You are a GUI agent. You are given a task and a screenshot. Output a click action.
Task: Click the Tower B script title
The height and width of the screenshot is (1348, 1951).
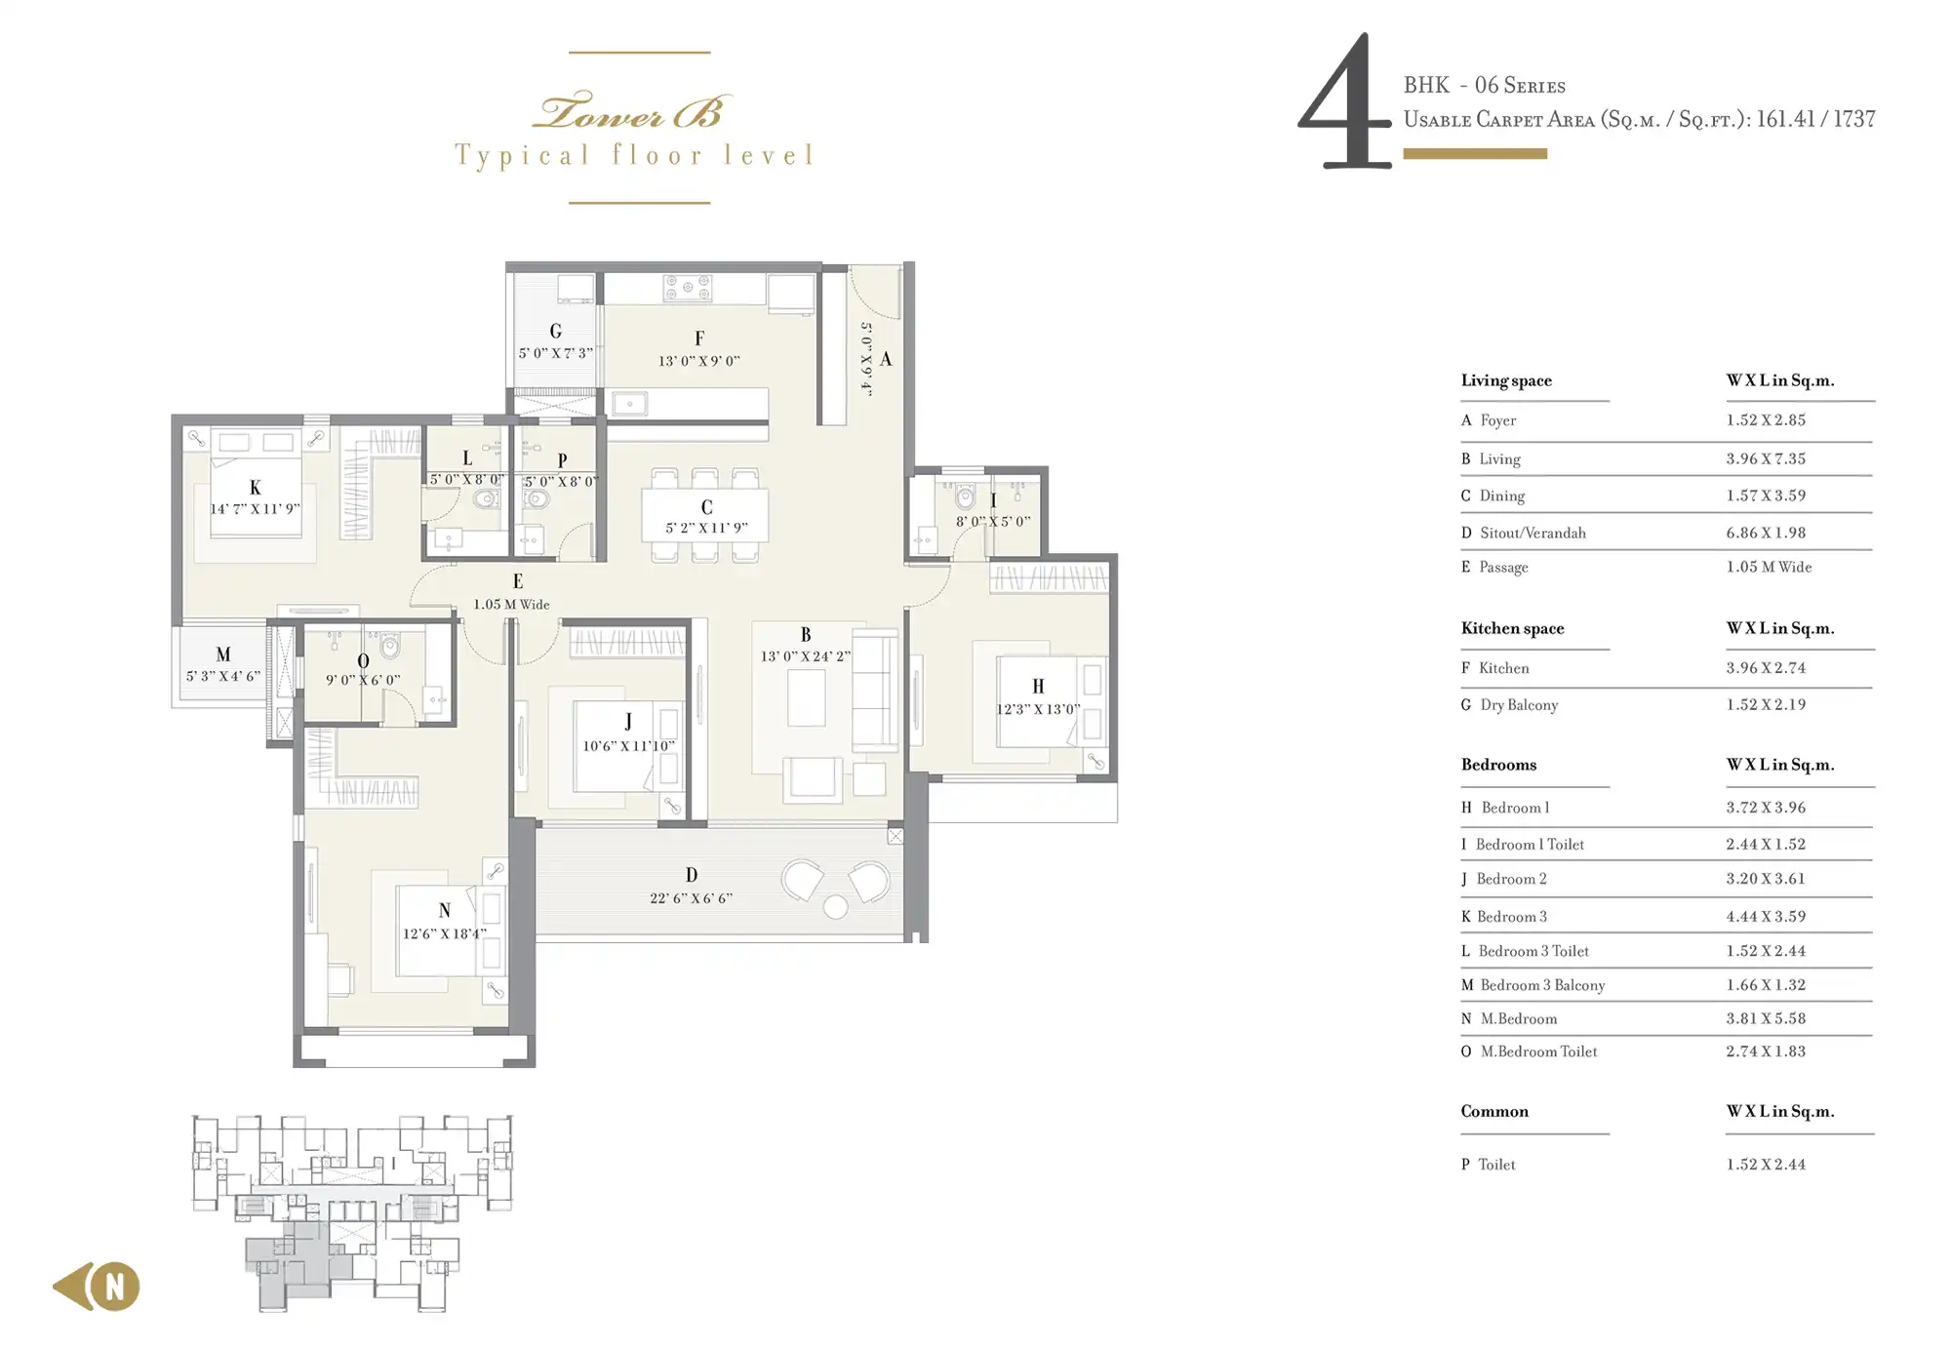(x=632, y=111)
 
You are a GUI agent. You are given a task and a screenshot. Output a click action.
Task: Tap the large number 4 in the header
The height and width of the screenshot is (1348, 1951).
(x=1344, y=101)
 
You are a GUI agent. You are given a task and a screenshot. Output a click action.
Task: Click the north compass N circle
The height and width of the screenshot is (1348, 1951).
(x=115, y=1287)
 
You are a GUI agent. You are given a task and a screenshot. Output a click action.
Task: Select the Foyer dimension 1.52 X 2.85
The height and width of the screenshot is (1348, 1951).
(x=1766, y=420)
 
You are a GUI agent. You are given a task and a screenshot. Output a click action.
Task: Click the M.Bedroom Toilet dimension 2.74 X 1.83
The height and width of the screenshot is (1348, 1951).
(x=1766, y=1051)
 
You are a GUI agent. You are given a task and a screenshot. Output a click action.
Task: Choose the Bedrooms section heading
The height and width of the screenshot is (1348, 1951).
(x=1498, y=765)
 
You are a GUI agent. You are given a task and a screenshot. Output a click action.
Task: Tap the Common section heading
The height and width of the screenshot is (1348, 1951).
(x=1494, y=1111)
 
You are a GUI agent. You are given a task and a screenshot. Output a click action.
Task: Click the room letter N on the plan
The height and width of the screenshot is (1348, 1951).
(x=445, y=910)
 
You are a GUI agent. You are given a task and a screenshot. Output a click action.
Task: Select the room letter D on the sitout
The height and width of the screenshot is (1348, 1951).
(x=692, y=875)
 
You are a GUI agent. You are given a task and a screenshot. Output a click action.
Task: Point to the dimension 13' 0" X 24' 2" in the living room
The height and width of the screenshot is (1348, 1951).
(x=806, y=656)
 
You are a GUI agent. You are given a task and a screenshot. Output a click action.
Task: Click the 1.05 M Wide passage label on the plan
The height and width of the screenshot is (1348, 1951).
(x=512, y=605)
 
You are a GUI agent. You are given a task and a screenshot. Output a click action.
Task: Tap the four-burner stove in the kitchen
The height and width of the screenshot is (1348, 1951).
(x=688, y=288)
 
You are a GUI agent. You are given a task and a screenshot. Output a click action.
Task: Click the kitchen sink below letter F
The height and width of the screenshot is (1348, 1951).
(x=629, y=402)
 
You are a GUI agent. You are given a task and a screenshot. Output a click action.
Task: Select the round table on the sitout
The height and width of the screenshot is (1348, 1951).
(x=835, y=907)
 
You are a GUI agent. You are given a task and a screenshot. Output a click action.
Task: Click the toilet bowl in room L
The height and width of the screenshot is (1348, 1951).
(x=485, y=500)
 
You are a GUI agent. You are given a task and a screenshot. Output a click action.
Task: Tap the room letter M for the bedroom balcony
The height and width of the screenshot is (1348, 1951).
(x=223, y=654)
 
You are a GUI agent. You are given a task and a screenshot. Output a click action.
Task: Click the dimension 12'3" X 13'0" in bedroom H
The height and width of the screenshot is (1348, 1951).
(x=1038, y=709)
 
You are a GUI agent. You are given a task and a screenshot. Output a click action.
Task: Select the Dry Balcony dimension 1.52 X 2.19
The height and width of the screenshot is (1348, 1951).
(x=1766, y=704)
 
